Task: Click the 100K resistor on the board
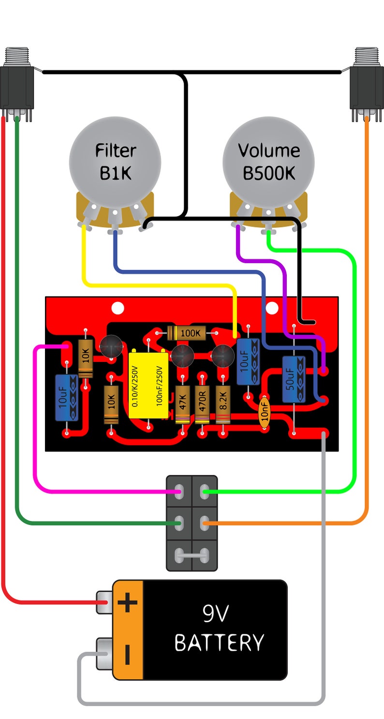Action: [187, 332]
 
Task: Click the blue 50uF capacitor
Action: [294, 379]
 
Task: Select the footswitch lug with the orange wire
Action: [205, 523]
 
